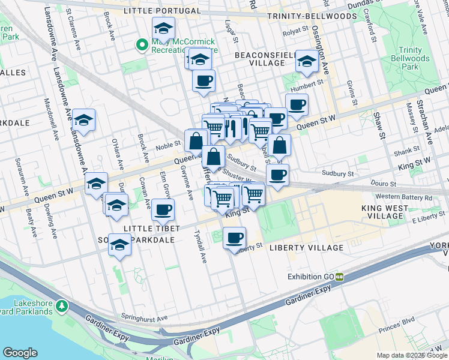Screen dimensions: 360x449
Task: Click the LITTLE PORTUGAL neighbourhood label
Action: [161, 11]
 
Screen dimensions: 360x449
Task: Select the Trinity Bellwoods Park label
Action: [413, 58]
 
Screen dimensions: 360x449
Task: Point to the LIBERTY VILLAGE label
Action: [306, 248]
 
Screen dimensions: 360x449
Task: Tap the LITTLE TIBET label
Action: [151, 229]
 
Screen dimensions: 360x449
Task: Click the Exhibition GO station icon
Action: [340, 277]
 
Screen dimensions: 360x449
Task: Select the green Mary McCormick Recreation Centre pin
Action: [142, 44]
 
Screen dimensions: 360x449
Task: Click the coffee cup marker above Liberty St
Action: [234, 238]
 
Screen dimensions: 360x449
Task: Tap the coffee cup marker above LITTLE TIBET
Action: [163, 209]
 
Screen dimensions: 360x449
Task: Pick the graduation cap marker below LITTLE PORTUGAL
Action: [163, 28]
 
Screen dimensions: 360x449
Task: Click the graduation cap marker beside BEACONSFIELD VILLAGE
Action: [307, 61]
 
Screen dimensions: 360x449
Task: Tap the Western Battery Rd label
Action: [403, 197]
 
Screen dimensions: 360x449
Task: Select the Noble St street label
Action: [169, 144]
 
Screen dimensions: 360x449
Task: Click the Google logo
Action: [20, 353]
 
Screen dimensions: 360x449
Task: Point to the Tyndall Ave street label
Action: [202, 246]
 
